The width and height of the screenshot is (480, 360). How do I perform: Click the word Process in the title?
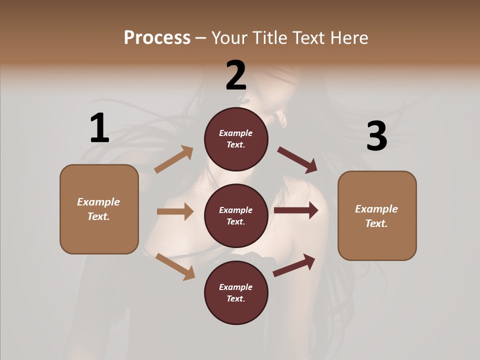(x=157, y=38)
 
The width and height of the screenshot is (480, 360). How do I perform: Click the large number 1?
(x=99, y=128)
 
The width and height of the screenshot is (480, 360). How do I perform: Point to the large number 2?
(x=236, y=75)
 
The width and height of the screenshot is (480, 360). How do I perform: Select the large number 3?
(x=376, y=136)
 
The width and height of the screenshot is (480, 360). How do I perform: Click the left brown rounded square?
(x=99, y=209)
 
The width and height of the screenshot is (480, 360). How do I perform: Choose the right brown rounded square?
(x=377, y=215)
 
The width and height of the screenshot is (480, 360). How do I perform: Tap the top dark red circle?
(x=236, y=139)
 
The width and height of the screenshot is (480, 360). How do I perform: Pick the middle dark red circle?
(x=236, y=215)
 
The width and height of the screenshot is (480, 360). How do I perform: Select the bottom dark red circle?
(x=236, y=292)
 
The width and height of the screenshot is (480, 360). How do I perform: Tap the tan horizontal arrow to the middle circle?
(x=175, y=211)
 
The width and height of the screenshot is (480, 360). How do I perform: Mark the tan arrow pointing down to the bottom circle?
(x=175, y=266)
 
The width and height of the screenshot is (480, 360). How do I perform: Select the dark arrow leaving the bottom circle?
(x=294, y=265)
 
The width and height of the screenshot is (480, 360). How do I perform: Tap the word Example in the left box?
(x=98, y=202)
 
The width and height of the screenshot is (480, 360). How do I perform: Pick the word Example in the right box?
(x=376, y=209)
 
